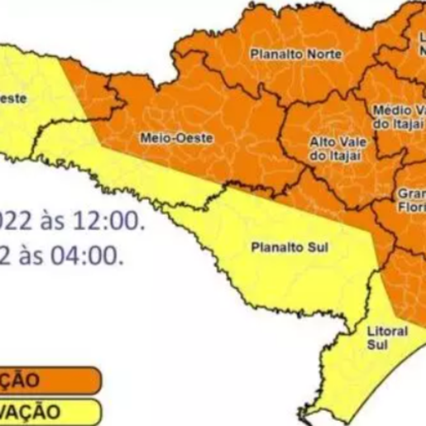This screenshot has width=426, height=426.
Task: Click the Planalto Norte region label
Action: pos(285,54)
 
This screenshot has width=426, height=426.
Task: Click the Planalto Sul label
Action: pos(279,246)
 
